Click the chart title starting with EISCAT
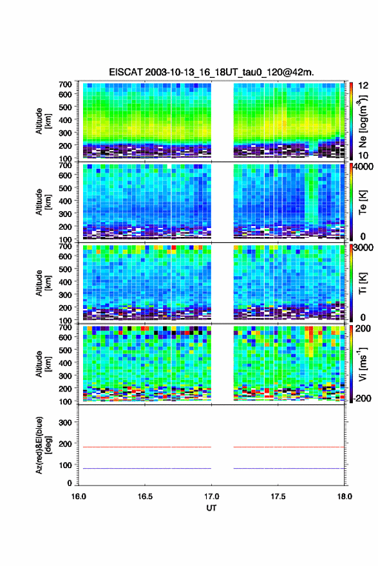(x=211, y=72)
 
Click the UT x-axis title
(x=211, y=508)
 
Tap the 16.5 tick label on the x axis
(x=145, y=496)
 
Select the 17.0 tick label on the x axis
(x=211, y=496)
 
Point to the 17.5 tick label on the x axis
(x=278, y=496)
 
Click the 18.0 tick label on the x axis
(x=345, y=496)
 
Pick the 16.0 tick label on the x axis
(x=79, y=496)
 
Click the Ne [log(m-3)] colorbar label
(x=363, y=120)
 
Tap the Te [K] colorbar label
(x=363, y=202)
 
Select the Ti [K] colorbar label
(x=363, y=283)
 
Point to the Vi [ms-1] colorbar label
(x=363, y=364)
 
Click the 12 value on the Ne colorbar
(x=364, y=86)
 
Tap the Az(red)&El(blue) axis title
(x=43, y=446)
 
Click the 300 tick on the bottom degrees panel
(x=65, y=422)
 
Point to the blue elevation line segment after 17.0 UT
(x=289, y=468)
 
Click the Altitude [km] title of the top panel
(x=43, y=121)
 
